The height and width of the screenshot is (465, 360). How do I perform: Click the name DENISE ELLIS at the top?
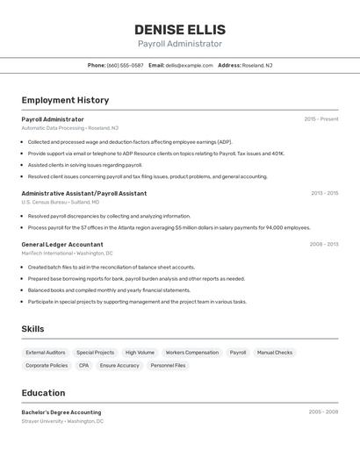click(180, 29)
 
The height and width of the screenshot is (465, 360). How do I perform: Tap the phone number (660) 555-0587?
click(125, 65)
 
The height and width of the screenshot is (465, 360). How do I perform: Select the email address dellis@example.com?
click(190, 65)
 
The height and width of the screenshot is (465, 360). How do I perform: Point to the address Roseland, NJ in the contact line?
click(257, 65)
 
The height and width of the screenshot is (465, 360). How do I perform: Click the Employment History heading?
click(65, 100)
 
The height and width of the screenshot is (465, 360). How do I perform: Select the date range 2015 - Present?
click(320, 119)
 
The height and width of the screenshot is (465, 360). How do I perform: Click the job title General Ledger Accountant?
click(62, 245)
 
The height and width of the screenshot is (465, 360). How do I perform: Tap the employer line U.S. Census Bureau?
click(61, 202)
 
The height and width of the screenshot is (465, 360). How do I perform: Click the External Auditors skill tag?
click(46, 352)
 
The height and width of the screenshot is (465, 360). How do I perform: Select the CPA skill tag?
click(83, 365)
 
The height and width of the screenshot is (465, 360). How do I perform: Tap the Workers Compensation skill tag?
click(191, 352)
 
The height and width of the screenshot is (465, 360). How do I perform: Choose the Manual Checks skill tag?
click(275, 352)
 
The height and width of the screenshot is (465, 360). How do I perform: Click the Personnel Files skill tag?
click(168, 365)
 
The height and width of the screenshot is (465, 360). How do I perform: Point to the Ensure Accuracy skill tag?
click(119, 365)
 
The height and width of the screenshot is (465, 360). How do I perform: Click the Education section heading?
click(43, 393)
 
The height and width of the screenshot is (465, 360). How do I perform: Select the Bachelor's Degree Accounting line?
click(61, 412)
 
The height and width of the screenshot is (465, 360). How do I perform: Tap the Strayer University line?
click(62, 421)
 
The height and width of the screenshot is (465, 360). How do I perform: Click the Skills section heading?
click(33, 329)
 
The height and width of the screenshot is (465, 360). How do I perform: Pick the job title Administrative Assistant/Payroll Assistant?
click(84, 193)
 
